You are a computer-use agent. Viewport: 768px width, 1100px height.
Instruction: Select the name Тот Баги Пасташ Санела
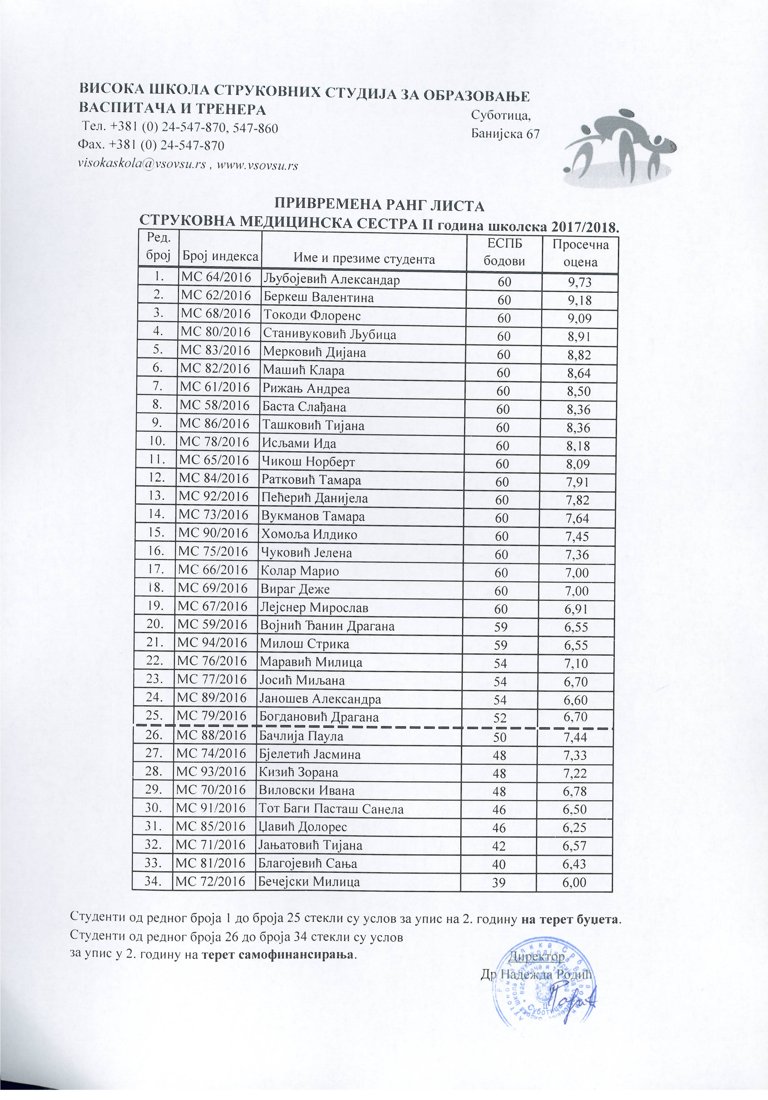[x=331, y=809]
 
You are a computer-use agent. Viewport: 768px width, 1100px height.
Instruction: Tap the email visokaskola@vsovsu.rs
[x=142, y=165]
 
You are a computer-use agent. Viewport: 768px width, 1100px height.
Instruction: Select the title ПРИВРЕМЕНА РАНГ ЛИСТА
[x=379, y=206]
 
